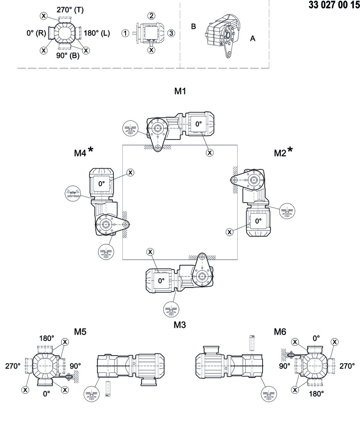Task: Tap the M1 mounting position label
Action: tap(180, 91)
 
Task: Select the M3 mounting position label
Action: tap(180, 324)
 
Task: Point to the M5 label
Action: tap(80, 332)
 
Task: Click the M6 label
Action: tap(280, 332)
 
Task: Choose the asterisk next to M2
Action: tap(289, 151)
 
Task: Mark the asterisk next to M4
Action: tap(91, 151)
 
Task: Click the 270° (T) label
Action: tap(70, 10)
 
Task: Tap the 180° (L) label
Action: tap(97, 33)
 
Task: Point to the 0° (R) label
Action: tap(35, 34)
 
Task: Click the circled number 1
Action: tap(125, 33)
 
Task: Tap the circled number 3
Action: tap(171, 33)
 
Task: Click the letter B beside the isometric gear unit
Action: tap(194, 26)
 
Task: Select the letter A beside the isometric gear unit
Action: tap(252, 38)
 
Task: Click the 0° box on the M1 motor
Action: tap(198, 124)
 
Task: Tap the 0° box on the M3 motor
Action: tap(161, 281)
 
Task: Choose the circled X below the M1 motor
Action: tap(210, 153)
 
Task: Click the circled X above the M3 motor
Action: tap(150, 252)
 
